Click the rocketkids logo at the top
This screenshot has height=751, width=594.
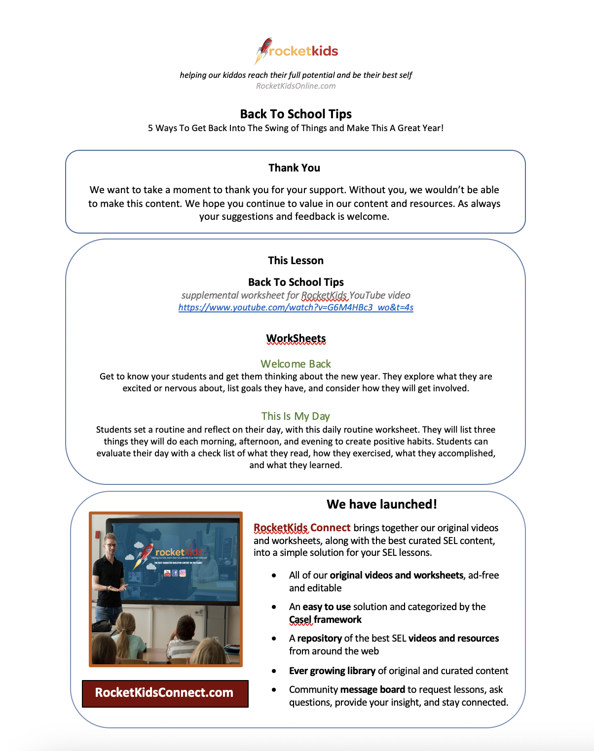click(x=296, y=51)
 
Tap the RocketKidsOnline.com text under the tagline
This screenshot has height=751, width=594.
click(x=296, y=86)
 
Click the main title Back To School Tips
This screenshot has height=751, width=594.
click(x=296, y=114)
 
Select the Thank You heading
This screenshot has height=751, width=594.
click(x=294, y=168)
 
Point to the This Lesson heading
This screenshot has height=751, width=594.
click(x=296, y=261)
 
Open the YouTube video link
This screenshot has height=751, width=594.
click(x=296, y=307)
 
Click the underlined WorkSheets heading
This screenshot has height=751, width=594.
click(x=296, y=339)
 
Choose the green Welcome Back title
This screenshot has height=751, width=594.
click(x=296, y=364)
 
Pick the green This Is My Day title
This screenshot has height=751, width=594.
click(x=296, y=416)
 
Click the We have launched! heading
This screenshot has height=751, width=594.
click(x=381, y=504)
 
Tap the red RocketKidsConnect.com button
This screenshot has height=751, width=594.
click(x=165, y=693)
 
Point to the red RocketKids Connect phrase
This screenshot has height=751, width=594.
click(x=302, y=528)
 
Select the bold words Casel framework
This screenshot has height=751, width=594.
click(x=325, y=620)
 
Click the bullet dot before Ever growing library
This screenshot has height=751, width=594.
click(x=274, y=671)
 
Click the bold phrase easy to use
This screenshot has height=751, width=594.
click(x=327, y=607)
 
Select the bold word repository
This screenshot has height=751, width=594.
click(x=319, y=639)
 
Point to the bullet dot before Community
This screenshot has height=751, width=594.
click(x=274, y=690)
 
